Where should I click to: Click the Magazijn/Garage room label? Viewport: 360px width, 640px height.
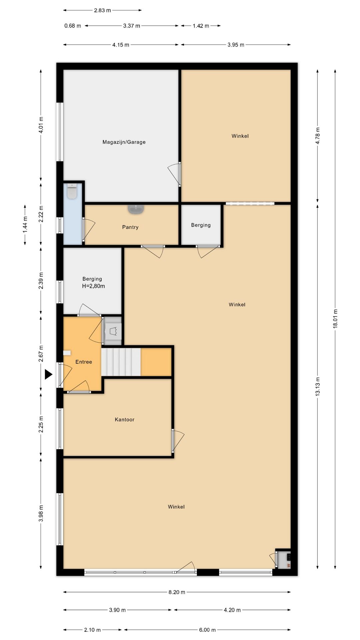pos(124,142)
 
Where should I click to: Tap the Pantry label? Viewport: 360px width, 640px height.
pos(130,227)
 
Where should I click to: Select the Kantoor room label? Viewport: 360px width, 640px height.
pos(125,420)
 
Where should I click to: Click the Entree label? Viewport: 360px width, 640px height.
pos(84,362)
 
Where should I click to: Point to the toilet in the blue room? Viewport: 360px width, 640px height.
pos(72,191)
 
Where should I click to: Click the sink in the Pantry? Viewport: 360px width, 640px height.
pos(136,209)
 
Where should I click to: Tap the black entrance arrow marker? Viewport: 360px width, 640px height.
pos(49,375)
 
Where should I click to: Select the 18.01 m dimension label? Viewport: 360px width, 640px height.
pos(335,319)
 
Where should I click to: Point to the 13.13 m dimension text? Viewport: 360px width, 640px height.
pos(318,386)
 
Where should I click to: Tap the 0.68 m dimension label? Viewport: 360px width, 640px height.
pos(73,26)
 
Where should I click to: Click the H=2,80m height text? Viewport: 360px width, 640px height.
pos(93,286)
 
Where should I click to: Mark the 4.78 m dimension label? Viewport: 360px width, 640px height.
pos(318,136)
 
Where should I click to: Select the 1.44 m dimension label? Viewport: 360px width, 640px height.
pos(25,225)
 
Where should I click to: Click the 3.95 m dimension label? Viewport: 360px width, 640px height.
pos(236,45)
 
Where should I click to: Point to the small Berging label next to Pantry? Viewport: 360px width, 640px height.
pos(201,225)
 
